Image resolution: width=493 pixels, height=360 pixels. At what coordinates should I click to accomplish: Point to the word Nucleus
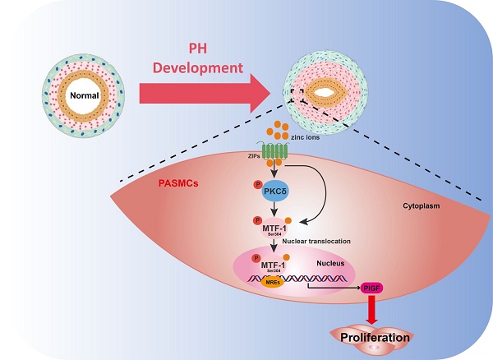pyautogui.click(x=334, y=265)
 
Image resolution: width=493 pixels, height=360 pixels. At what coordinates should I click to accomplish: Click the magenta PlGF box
pyautogui.click(x=371, y=288)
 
